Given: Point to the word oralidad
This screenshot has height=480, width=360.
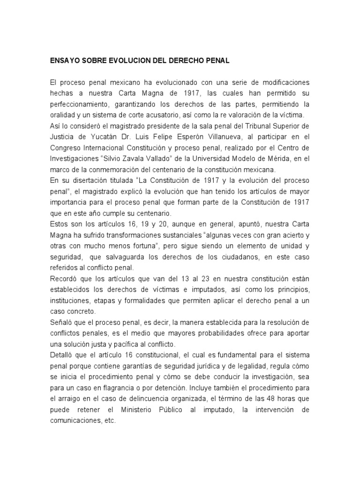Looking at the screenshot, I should coord(63,114).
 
